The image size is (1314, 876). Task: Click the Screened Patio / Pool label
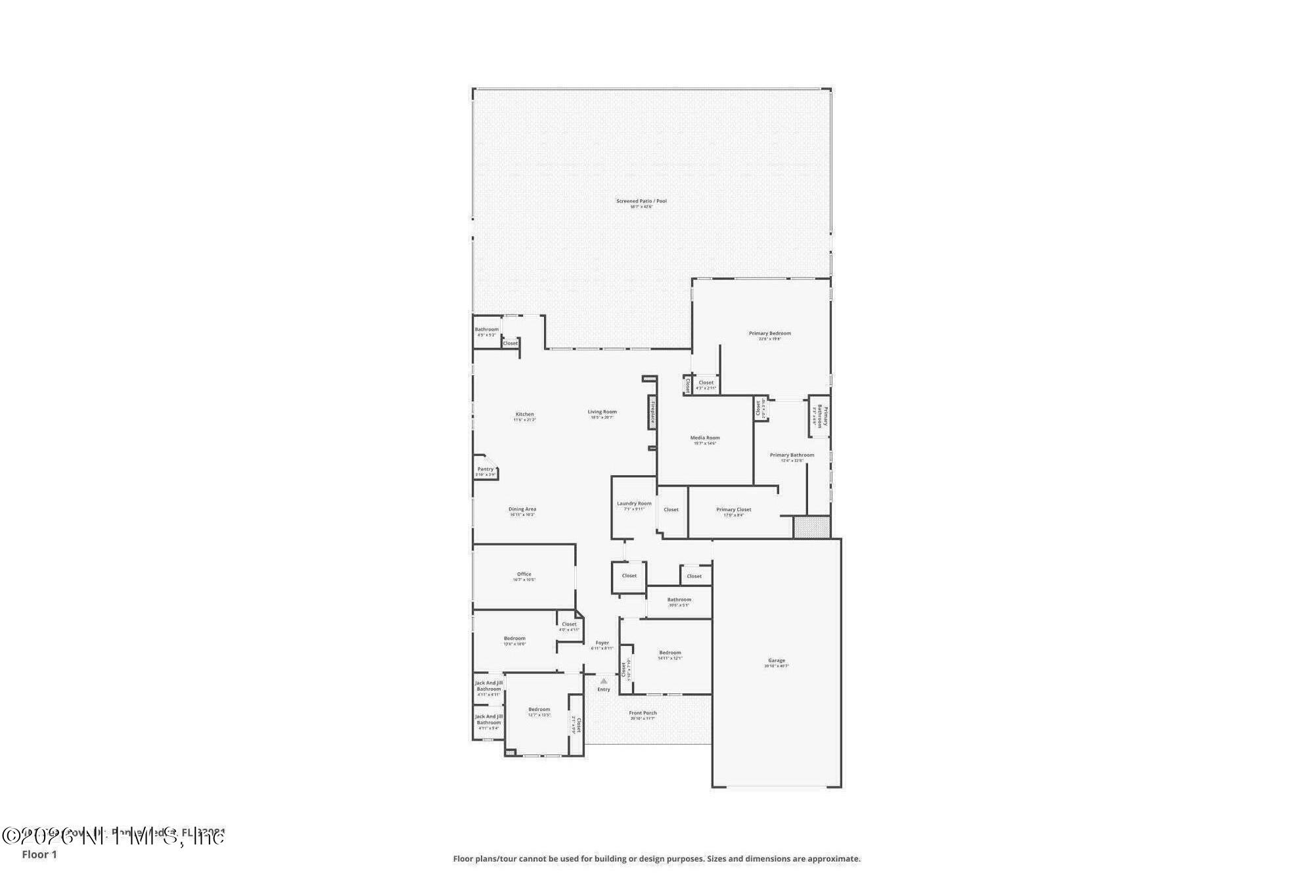(x=641, y=201)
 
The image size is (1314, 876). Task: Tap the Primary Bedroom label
(x=769, y=334)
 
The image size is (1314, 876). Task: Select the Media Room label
(x=704, y=438)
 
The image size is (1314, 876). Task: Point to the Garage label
(x=776, y=661)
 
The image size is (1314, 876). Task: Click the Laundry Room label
(x=634, y=504)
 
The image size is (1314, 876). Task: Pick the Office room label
(x=524, y=574)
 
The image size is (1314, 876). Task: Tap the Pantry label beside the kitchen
(x=485, y=469)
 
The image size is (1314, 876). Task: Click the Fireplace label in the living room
(x=652, y=412)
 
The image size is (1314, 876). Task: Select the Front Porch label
(x=643, y=713)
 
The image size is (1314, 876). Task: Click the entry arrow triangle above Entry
(x=604, y=681)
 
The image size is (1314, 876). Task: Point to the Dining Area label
(x=522, y=509)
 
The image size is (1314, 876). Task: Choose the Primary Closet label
(x=733, y=510)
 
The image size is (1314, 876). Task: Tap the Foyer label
(x=602, y=643)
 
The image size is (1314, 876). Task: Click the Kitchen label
(x=524, y=415)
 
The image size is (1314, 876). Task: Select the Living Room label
(x=602, y=412)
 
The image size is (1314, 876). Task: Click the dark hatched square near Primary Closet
(x=811, y=527)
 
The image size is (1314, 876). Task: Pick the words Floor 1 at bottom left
(x=39, y=854)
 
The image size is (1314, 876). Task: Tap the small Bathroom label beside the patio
(x=486, y=330)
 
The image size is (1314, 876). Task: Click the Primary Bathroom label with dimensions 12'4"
(x=792, y=455)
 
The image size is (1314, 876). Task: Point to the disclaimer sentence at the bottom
(x=656, y=859)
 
